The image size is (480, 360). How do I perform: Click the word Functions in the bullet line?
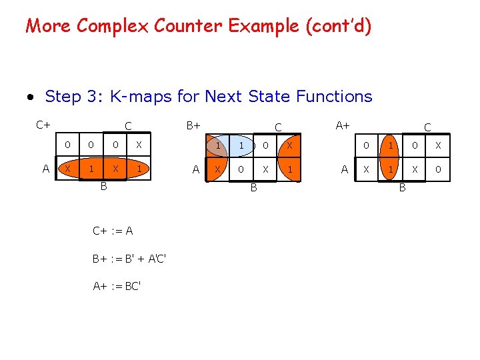[330, 97]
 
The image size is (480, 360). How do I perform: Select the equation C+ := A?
[113, 231]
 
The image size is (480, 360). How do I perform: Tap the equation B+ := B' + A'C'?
[129, 259]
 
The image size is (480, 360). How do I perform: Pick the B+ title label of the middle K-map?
[193, 123]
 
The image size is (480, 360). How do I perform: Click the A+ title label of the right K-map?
[343, 123]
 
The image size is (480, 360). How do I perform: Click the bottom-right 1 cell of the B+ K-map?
[290, 169]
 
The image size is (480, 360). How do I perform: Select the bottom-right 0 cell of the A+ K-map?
[438, 169]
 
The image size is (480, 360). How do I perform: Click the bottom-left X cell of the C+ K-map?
[67, 169]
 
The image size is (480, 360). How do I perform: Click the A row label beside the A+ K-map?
[345, 169]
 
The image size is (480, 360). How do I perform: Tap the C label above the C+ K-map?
[128, 126]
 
